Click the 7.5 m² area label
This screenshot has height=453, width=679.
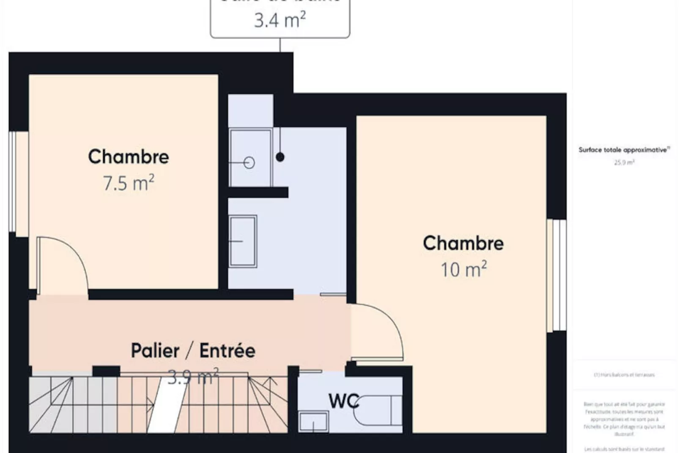129,183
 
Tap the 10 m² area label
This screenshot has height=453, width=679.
463,270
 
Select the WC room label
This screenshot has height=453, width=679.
343,401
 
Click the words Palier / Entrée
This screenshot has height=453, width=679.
193,351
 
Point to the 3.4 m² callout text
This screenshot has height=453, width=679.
280,20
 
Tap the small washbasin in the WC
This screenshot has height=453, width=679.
313,421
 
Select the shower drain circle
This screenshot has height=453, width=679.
249,163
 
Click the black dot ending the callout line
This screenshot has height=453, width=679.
280,157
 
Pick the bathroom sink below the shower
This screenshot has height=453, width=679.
243,241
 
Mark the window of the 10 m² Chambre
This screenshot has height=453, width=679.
557,275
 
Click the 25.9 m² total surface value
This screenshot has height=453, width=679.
624,163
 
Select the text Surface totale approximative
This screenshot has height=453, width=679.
623,150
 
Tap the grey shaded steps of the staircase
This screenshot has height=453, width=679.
72,404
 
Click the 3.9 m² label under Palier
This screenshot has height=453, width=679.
193,377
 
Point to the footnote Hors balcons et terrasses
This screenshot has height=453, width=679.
624,375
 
